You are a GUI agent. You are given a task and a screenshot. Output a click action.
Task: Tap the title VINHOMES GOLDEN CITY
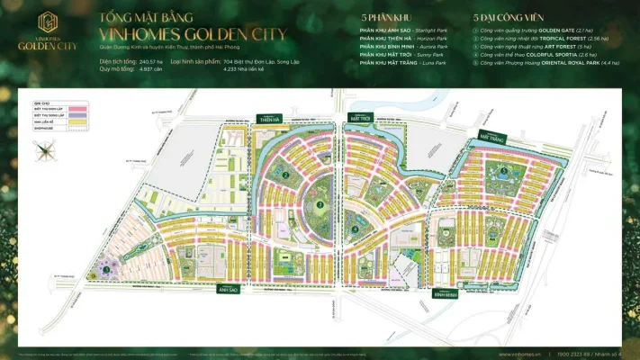tap(191, 35)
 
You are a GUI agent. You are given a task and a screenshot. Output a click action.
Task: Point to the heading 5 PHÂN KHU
tap(383, 18)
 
